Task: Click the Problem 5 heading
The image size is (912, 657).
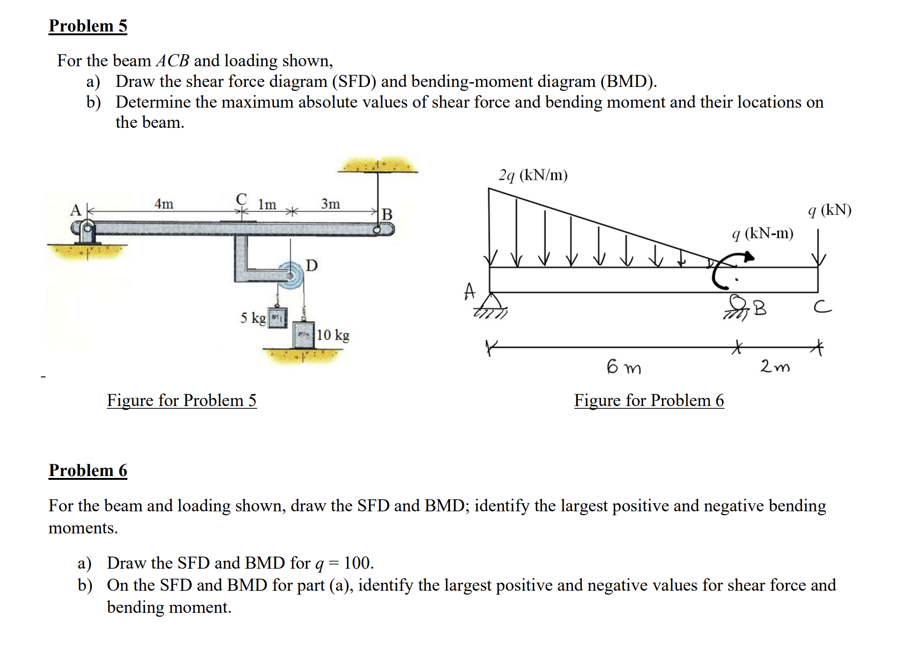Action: click(x=88, y=26)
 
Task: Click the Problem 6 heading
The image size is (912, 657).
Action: click(x=88, y=470)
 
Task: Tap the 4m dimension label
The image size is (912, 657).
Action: click(x=164, y=204)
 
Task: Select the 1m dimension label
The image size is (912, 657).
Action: click(x=267, y=204)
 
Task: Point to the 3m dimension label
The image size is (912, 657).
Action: click(x=330, y=204)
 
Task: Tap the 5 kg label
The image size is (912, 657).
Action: click(x=253, y=318)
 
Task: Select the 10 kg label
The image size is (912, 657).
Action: click(x=333, y=335)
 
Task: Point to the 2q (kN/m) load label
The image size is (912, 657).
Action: click(x=533, y=175)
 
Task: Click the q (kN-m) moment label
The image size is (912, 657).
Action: click(x=763, y=233)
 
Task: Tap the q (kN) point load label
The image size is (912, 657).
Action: click(x=830, y=210)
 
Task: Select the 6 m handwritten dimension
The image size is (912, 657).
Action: click(x=624, y=367)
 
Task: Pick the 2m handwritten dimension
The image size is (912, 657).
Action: click(x=775, y=366)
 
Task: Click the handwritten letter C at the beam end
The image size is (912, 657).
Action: click(x=823, y=307)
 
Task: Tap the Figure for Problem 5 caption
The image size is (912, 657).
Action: click(x=181, y=400)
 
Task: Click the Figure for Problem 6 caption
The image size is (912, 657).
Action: click(x=649, y=400)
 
